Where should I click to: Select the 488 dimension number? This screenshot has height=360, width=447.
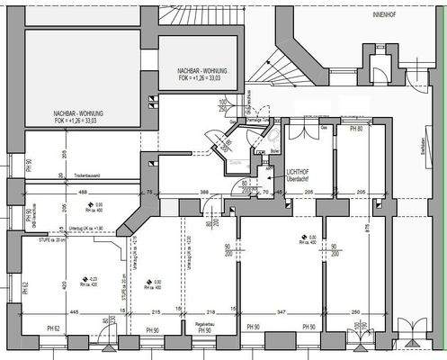tap(82, 192)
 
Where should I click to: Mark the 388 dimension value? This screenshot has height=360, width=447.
tap(204, 192)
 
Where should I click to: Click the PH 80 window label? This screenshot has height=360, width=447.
tap(356, 130)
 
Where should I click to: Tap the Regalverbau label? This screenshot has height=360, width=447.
tap(202, 321)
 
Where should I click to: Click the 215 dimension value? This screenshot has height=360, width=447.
tap(155, 310)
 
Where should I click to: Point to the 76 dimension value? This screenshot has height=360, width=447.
tap(148, 192)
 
